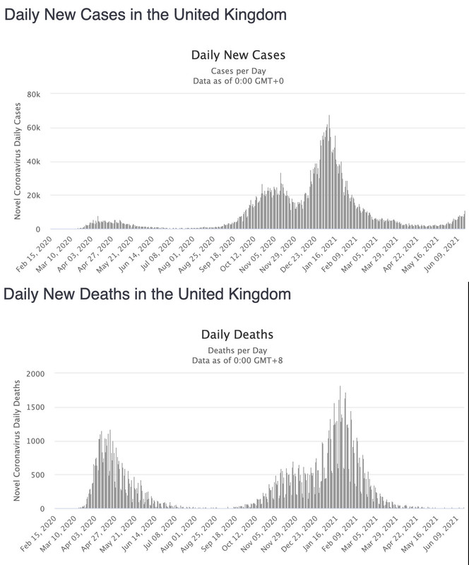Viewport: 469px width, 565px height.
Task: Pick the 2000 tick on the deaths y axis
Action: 35,373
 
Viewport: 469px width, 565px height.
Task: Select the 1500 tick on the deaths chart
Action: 35,407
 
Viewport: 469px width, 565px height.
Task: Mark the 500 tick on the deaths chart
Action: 37,475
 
